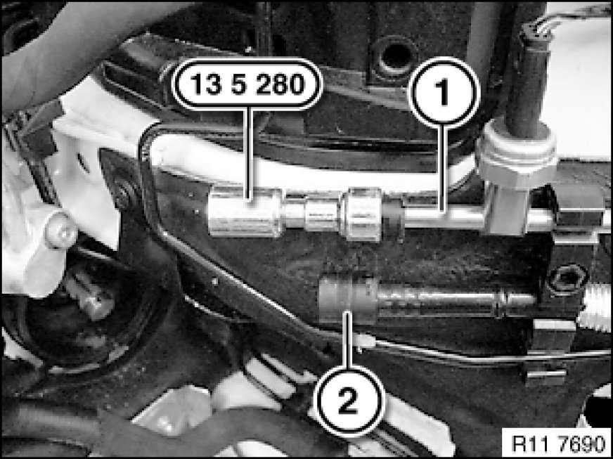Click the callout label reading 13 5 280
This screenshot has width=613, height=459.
(247, 84)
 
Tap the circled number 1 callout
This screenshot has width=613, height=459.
(444, 93)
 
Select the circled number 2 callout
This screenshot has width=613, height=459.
(349, 401)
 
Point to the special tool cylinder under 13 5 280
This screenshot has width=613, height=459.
(245, 213)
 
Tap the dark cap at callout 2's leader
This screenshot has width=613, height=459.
(348, 299)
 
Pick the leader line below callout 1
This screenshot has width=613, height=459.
(444, 168)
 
